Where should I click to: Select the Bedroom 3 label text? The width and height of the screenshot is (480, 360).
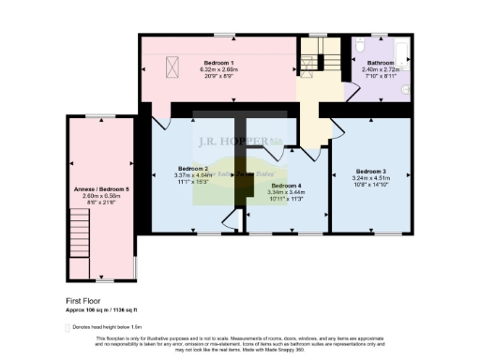click(x=369, y=172)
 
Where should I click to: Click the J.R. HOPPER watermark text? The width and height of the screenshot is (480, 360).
click(x=225, y=143)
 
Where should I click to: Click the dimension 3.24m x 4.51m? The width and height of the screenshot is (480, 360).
click(x=369, y=178)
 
